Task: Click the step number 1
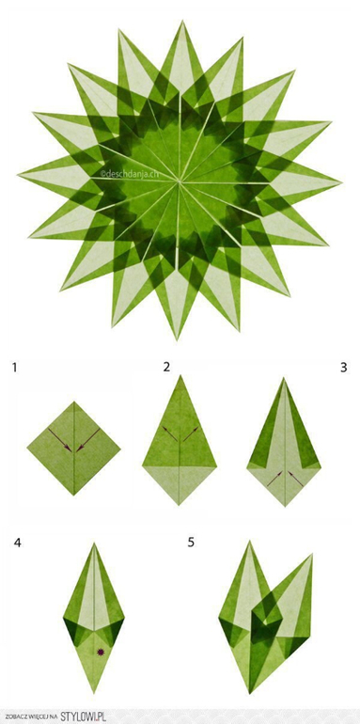pyautogui.click(x=15, y=368)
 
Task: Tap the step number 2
pyautogui.click(x=166, y=367)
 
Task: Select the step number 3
pyautogui.click(x=343, y=368)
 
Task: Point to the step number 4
pyautogui.click(x=18, y=543)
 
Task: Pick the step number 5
pyautogui.click(x=191, y=543)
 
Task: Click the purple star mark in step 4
pyautogui.click(x=101, y=652)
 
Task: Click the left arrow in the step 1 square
pyautogui.click(x=60, y=440)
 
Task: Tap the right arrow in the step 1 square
pyautogui.click(x=88, y=440)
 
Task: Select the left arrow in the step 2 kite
pyautogui.click(x=169, y=433)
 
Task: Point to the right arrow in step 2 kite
pyautogui.click(x=191, y=433)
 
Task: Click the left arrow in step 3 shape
pyautogui.click(x=274, y=479)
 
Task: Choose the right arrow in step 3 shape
pyautogui.click(x=296, y=479)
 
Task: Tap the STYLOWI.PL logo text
pyautogui.click(x=84, y=716)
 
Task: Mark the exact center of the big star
pyautogui.click(x=179, y=181)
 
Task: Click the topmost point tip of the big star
pyautogui.click(x=182, y=21)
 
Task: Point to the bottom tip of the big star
pyautogui.click(x=177, y=339)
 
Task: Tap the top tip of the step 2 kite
pyautogui.click(x=180, y=375)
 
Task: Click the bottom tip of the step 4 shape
pyautogui.click(x=95, y=693)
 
